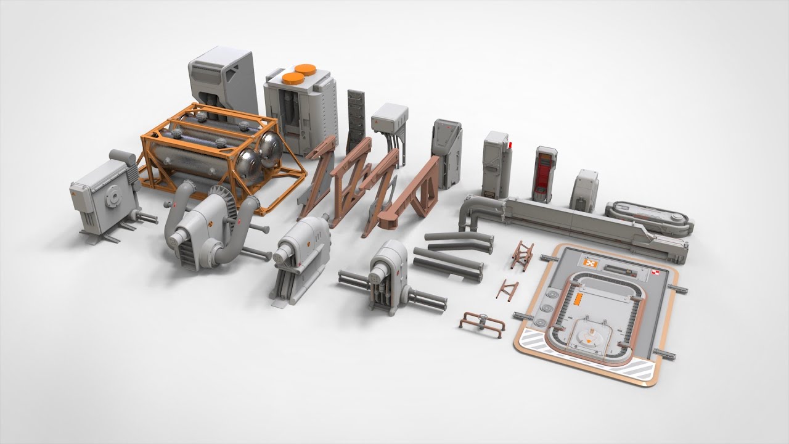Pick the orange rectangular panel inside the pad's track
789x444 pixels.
pos(579,298)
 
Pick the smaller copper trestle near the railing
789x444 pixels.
pos(507,289)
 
